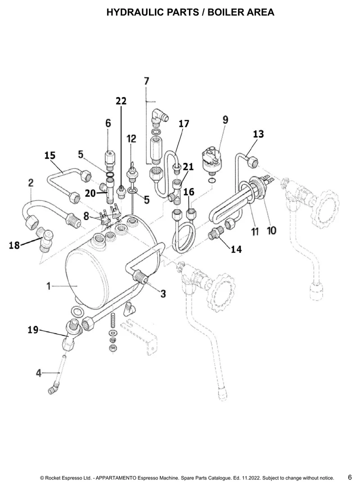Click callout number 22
click(x=121, y=101)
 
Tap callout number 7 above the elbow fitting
click(x=146, y=81)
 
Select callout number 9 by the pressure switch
click(x=225, y=120)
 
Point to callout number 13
click(x=258, y=134)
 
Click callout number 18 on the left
click(x=14, y=245)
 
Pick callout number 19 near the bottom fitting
click(x=33, y=330)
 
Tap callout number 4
click(x=39, y=372)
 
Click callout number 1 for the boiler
click(x=49, y=286)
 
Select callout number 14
click(x=236, y=249)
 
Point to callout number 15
click(x=50, y=155)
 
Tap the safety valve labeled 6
click(x=108, y=159)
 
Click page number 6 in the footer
click(x=350, y=477)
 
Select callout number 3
click(x=163, y=293)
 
